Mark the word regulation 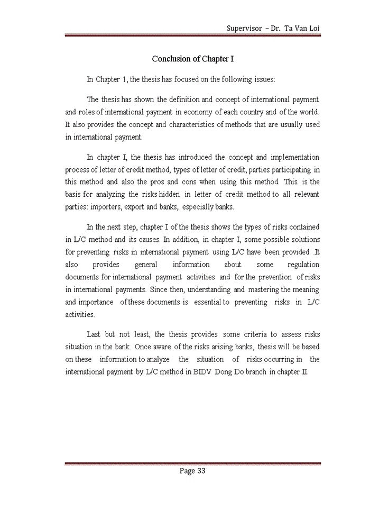[x=302, y=264]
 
